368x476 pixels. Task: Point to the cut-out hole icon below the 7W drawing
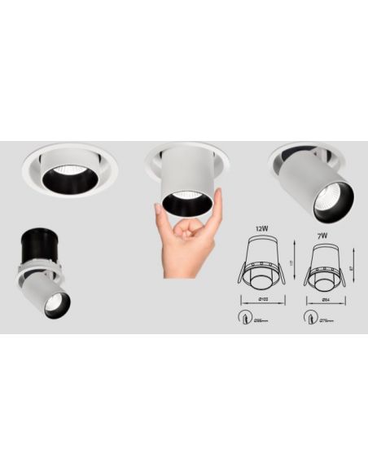coord(309,316)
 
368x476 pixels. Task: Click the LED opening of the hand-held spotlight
coord(189,202)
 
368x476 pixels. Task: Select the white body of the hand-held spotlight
coord(188,166)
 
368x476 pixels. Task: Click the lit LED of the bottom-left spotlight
coord(55,301)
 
